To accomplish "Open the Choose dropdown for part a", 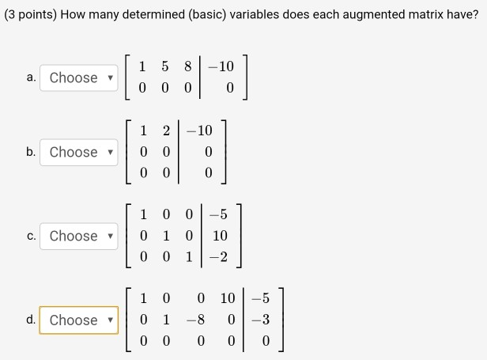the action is click(79, 78).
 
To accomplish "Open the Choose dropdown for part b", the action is click(79, 152).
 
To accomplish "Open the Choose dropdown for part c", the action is click(79, 236).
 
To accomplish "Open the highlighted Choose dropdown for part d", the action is click(79, 320).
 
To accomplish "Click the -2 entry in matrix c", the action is click(219, 257).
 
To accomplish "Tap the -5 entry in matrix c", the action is click(219, 214).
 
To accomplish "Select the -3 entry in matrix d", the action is click(261, 320).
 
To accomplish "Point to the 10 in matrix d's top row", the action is click(228, 298).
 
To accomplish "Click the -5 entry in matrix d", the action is click(261, 298).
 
